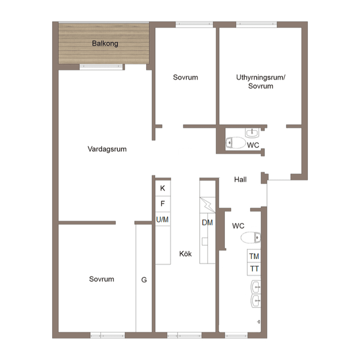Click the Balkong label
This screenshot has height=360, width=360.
click(105, 43)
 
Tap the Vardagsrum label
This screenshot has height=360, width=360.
click(107, 149)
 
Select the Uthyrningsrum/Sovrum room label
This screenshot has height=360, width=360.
click(261, 82)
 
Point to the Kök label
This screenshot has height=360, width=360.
click(185, 254)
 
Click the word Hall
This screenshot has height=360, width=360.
click(240, 179)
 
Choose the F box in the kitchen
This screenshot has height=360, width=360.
click(163, 204)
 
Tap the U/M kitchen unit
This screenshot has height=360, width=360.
click(163, 219)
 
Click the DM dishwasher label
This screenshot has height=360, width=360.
click(207, 223)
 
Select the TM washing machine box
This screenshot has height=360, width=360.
click(254, 256)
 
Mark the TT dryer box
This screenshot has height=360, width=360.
click(254, 269)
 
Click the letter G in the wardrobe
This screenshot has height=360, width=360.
click(144, 279)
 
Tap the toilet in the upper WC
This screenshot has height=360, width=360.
click(236, 143)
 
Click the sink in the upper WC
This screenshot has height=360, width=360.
click(252, 133)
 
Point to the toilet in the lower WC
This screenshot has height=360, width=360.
click(251, 237)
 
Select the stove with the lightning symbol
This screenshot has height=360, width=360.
click(207, 205)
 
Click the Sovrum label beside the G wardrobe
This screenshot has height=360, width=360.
click(102, 279)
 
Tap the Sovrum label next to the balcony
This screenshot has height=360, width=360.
click(185, 77)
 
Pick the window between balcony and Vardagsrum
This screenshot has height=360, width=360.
click(101, 67)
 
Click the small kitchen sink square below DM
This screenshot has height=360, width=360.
click(205, 242)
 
